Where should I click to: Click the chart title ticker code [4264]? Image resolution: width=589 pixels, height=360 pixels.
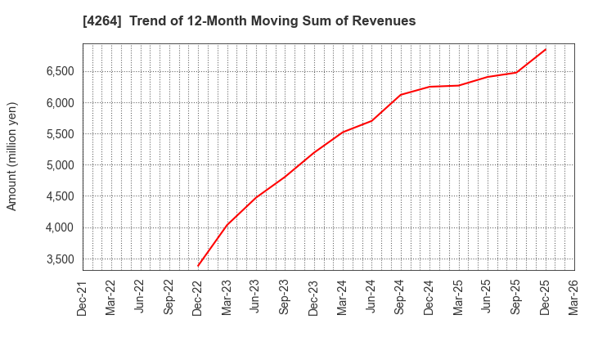[x=101, y=21]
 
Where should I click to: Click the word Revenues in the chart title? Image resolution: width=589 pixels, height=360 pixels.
[x=384, y=21]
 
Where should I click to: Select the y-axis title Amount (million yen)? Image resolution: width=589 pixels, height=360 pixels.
[x=12, y=156]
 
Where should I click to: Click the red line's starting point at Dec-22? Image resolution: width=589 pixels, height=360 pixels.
[x=198, y=266]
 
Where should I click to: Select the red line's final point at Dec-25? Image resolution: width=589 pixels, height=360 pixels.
[x=546, y=49]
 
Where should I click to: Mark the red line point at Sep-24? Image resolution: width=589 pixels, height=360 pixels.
[x=401, y=94]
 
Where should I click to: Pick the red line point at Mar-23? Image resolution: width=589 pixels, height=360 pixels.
[x=227, y=225]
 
